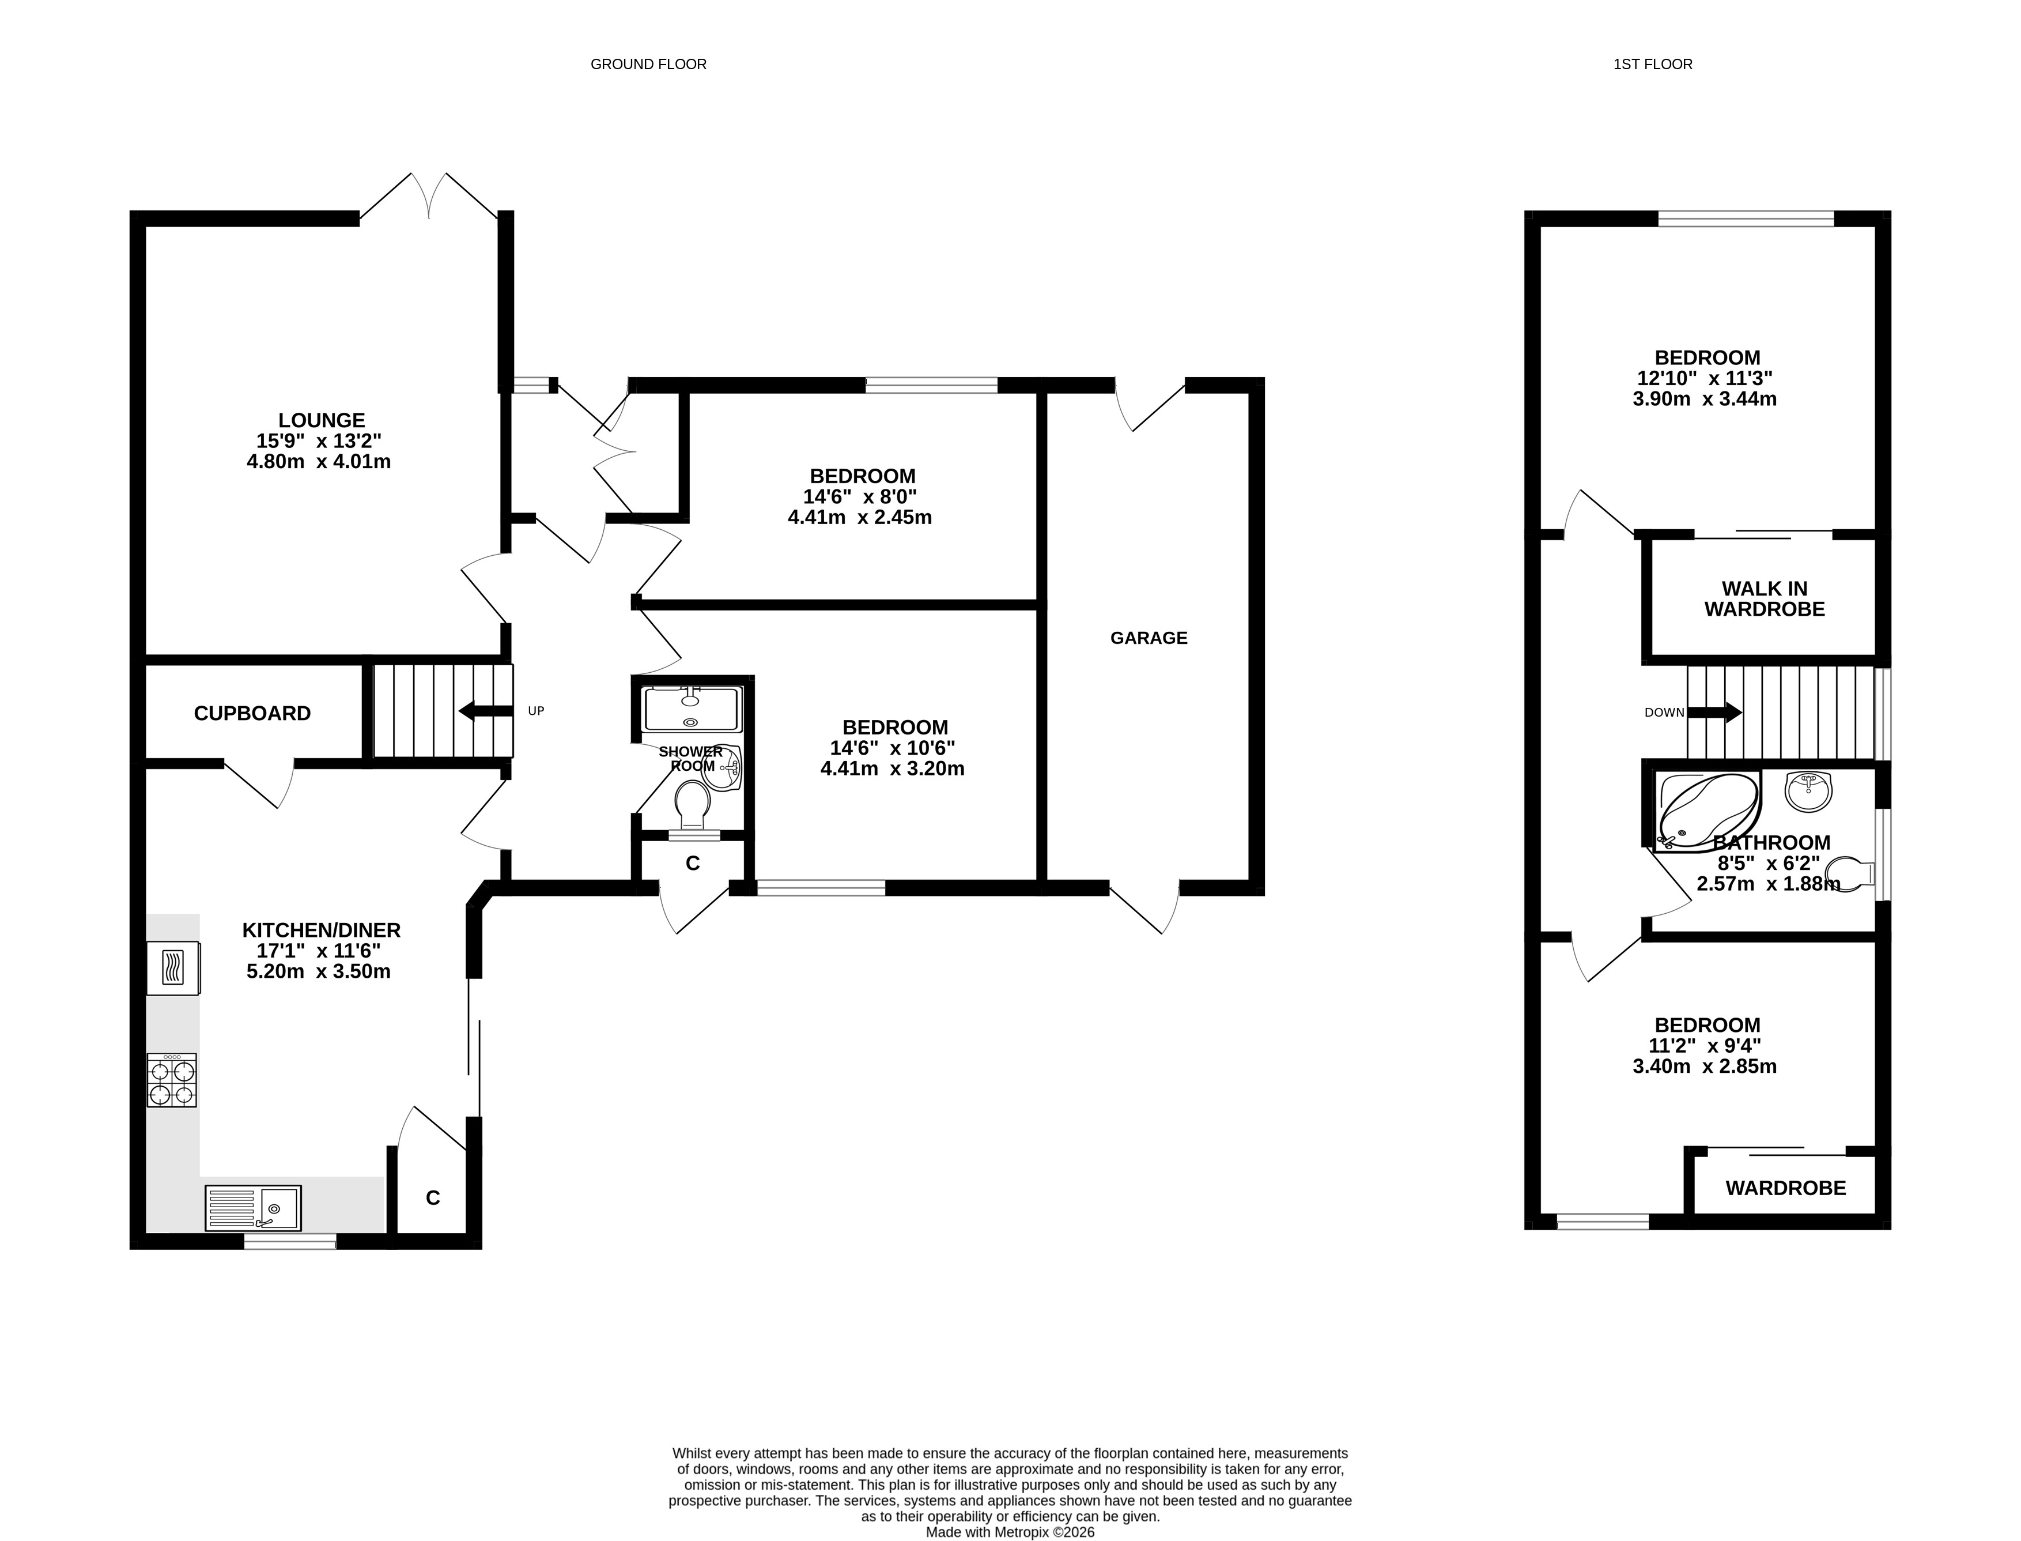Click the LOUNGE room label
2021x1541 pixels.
click(322, 420)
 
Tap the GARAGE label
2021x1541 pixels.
click(1149, 638)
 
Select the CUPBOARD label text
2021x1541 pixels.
click(252, 713)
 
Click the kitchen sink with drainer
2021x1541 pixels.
click(253, 1207)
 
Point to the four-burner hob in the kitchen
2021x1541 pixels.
click(172, 1080)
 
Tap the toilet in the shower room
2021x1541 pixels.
click(692, 807)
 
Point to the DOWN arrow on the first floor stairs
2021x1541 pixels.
click(1714, 712)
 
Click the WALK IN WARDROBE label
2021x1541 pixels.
click(1764, 599)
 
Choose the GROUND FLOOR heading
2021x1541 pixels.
click(648, 64)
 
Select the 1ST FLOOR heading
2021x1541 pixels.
click(1653, 64)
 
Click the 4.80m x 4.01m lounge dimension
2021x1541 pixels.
click(319, 461)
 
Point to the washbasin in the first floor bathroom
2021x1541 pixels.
click(1809, 792)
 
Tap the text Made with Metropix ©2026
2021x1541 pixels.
click(1011, 1532)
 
